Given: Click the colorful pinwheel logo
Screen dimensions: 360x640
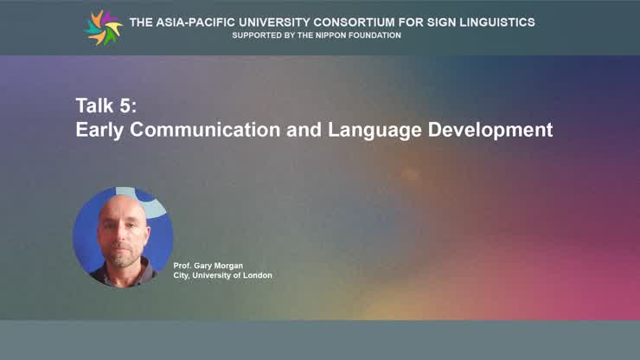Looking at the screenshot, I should click(x=104, y=28).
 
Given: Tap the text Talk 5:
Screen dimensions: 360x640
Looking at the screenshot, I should click(x=106, y=106).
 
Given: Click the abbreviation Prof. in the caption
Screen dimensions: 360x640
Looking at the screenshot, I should click(x=182, y=265).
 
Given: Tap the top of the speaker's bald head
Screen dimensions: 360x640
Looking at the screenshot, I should click(x=118, y=201).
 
